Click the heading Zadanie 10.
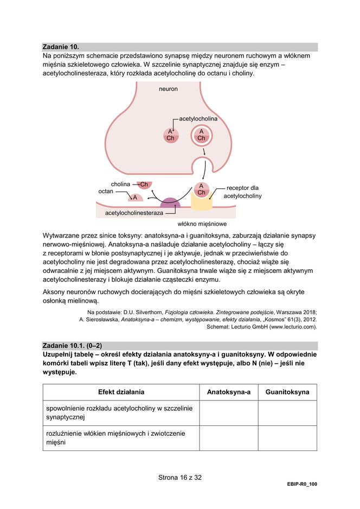(64, 47)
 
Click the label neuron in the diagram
(168, 88)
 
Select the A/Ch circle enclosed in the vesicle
(201, 135)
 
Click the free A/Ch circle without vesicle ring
(170, 135)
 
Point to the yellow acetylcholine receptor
(201, 201)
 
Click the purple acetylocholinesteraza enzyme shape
(170, 203)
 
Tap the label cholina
(120, 184)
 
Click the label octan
(106, 192)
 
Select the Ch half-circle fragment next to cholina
(144, 185)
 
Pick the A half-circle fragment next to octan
(135, 198)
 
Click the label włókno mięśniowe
(202, 224)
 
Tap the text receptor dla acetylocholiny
(242, 192)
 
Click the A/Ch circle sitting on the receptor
(201, 189)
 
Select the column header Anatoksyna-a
(228, 392)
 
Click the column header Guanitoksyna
(287, 392)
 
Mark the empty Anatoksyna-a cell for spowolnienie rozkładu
(228, 413)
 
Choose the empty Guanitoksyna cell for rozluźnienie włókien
(287, 438)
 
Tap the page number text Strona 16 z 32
(179, 478)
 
